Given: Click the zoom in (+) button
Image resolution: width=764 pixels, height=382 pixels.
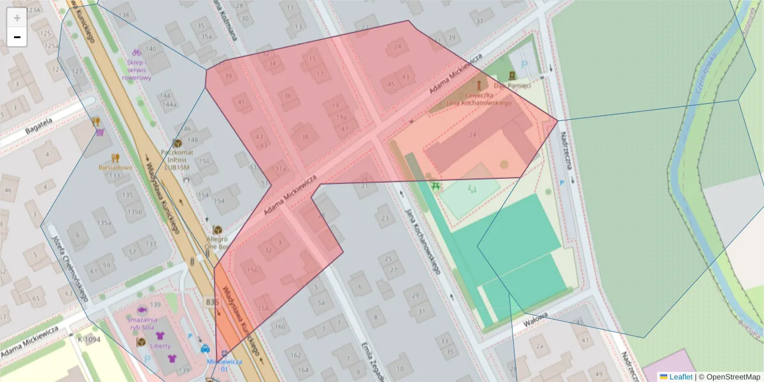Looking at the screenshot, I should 17,18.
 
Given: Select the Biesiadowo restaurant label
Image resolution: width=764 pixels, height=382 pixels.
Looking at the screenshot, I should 115,167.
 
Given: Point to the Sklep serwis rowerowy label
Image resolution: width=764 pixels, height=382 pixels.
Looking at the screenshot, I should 137,70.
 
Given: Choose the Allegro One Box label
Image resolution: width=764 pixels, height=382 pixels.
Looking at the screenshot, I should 217,243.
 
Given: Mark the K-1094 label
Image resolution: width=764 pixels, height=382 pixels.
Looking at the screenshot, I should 89,339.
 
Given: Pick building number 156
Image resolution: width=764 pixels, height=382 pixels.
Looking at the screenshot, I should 253,271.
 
